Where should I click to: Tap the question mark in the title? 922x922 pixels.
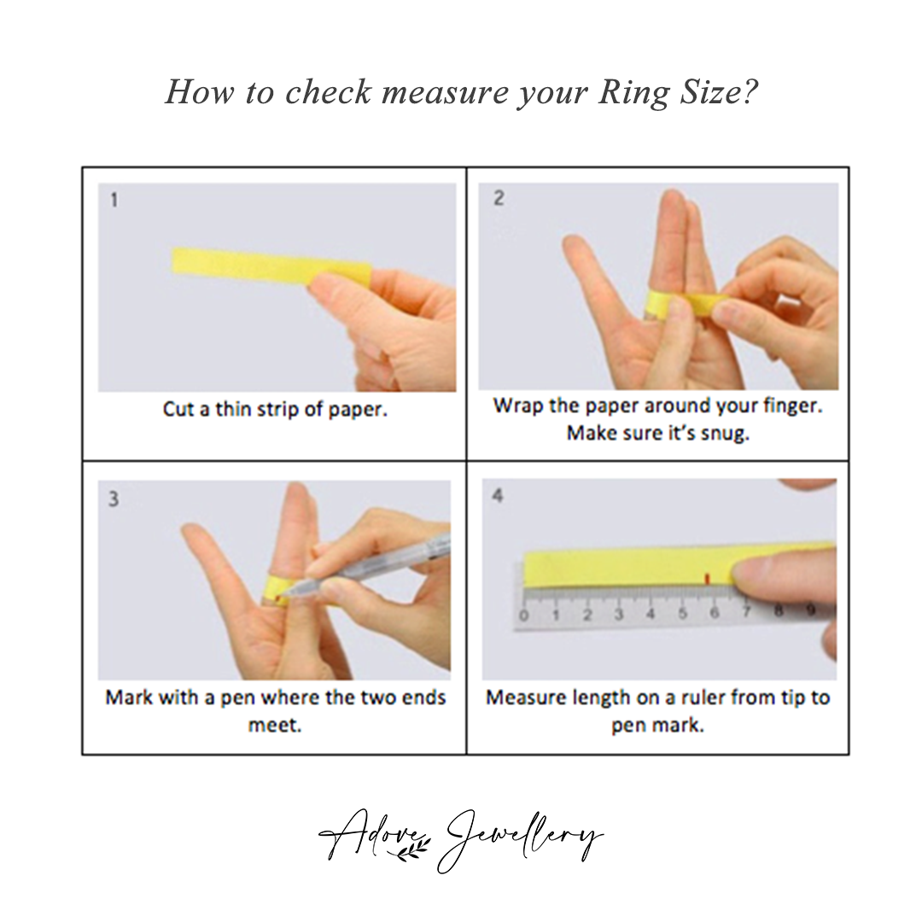click(x=749, y=91)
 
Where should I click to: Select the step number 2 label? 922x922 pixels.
click(x=499, y=198)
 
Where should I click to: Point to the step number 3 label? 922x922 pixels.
click(x=114, y=499)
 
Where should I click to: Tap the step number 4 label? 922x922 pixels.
click(x=498, y=495)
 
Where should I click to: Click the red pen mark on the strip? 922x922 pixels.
click(x=705, y=580)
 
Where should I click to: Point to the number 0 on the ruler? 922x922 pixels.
click(x=523, y=615)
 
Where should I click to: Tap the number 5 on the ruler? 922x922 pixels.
click(x=683, y=614)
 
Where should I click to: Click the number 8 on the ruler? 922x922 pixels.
click(x=778, y=612)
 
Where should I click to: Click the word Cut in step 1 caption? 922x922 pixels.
click(x=178, y=409)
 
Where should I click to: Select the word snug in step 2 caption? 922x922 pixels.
click(x=721, y=433)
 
